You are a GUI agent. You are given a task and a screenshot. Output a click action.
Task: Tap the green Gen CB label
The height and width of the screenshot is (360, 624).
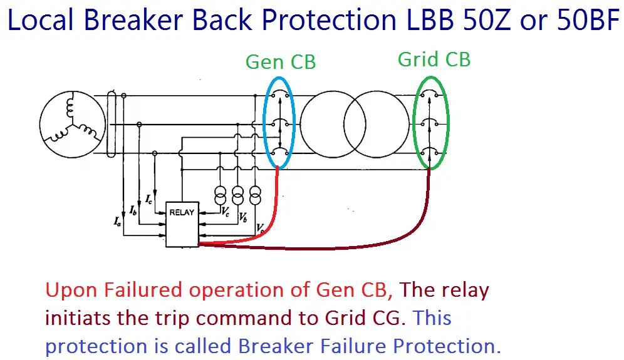[x=280, y=62]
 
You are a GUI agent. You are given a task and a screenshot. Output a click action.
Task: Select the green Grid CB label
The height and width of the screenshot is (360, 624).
[x=434, y=59]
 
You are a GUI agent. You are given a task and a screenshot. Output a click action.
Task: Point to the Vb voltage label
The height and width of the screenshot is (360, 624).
[x=242, y=217]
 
